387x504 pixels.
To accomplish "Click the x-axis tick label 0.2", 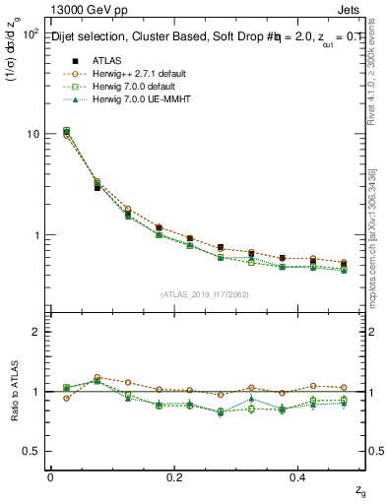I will pos(174,477).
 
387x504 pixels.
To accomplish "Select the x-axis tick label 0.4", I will pos(299,477).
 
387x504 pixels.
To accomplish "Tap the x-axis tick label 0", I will pos(50,477).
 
